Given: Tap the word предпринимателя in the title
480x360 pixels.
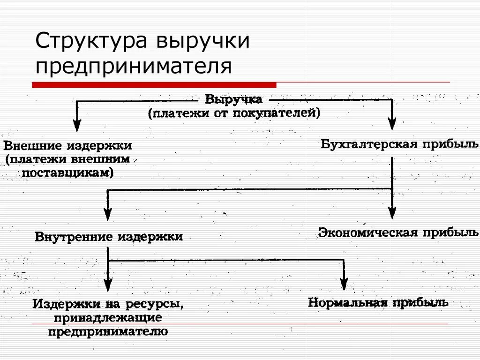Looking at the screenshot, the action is pos(134,67).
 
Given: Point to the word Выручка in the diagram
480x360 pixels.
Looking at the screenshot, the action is pos(234,100).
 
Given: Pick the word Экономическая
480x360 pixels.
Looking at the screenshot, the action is pos(368,232).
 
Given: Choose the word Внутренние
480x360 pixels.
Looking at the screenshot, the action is pos(75,237).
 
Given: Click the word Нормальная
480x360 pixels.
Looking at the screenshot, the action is pos(347,302).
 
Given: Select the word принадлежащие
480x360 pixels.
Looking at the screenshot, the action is pos(108,318).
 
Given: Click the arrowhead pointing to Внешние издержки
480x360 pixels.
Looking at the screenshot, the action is pos(77,125).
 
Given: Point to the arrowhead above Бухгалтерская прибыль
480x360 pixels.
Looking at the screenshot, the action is pos(392,124).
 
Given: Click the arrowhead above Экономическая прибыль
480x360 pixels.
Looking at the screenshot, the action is pos(392,213).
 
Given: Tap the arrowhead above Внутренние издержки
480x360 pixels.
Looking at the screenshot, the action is pos(108,214).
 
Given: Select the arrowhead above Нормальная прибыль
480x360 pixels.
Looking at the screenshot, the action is pos(344,284).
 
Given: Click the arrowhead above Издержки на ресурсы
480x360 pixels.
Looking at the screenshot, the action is pos(108,285).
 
